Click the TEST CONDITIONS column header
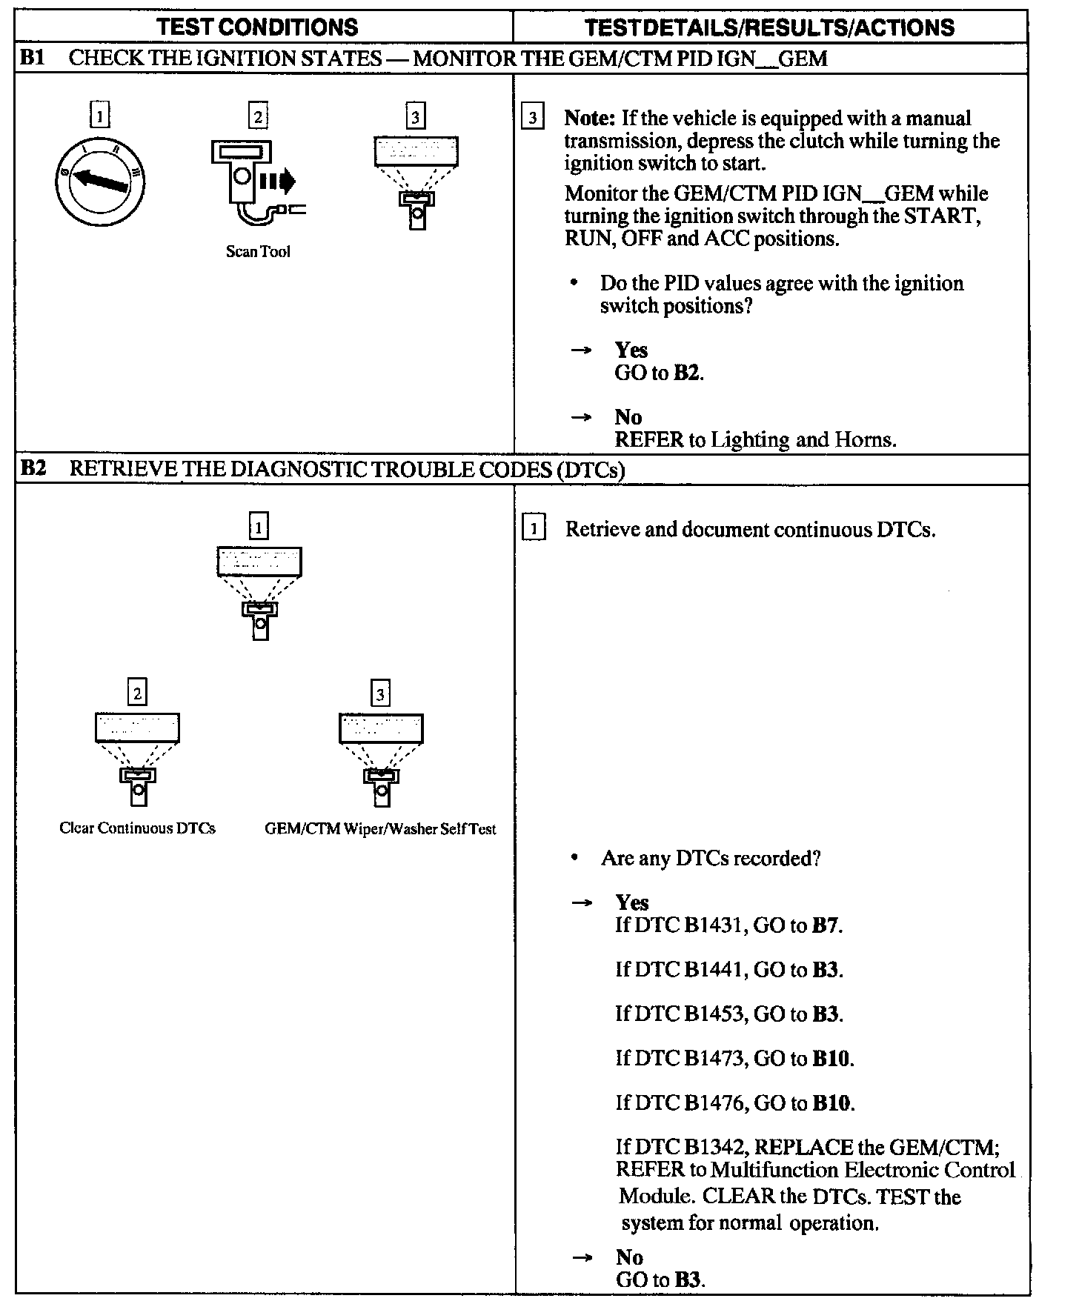257,27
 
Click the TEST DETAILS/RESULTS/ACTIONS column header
769,27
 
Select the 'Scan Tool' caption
258,252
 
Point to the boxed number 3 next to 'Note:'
533,119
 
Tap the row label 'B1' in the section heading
33,58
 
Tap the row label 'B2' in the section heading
33,469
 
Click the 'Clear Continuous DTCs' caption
137,828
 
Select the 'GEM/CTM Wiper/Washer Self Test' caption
380,829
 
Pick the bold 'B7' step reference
826,925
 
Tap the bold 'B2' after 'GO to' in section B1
686,373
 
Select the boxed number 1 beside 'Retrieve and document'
534,530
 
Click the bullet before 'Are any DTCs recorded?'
575,859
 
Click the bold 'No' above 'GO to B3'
629,1257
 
